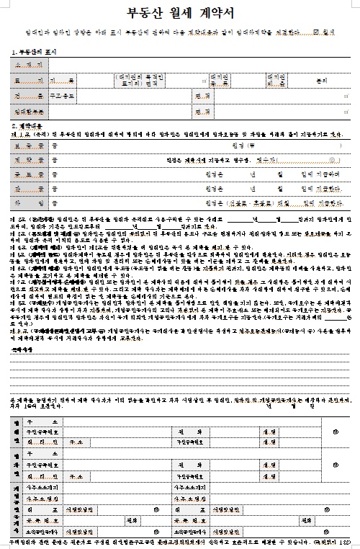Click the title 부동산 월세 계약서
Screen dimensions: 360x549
pos(179,12)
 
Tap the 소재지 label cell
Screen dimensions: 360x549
pos(29,66)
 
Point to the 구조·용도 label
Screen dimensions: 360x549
pos(29,97)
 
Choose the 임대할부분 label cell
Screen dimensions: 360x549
pos(29,112)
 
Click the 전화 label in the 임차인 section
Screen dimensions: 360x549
pos(181,465)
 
